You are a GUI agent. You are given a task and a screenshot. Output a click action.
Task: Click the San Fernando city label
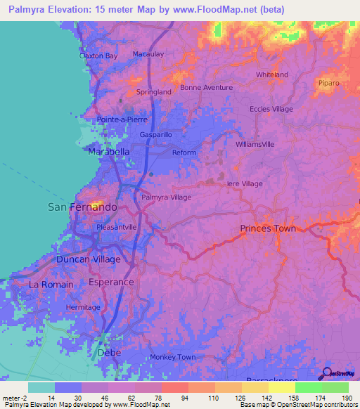82,207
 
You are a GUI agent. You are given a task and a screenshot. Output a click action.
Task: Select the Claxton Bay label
98,56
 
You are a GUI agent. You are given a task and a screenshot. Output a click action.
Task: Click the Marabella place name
109,151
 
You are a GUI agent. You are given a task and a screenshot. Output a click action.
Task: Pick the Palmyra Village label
166,197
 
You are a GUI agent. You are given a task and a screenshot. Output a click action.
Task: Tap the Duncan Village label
89,259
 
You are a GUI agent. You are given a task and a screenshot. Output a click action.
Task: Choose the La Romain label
51,284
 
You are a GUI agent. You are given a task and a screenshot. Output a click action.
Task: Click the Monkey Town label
172,357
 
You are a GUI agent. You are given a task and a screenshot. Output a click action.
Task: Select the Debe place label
105,351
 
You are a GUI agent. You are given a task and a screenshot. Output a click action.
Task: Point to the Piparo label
328,83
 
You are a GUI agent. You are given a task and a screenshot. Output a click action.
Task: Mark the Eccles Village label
271,109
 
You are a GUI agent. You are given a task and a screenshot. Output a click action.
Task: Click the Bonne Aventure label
206,87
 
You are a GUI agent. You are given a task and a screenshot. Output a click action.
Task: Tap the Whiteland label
272,74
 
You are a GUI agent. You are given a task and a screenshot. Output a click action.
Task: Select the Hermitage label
83,308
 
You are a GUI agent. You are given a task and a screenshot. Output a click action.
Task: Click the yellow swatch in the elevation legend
281,387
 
